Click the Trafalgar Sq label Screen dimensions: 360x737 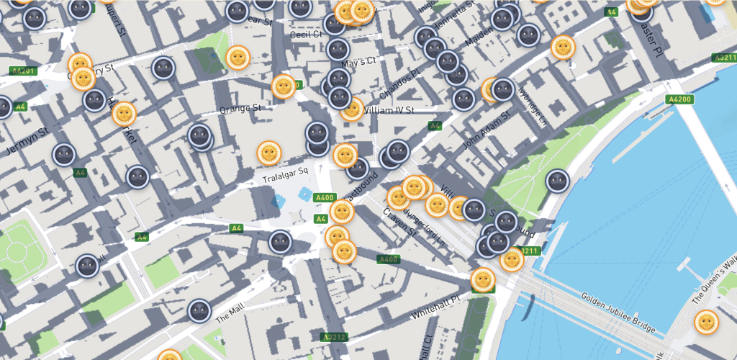coord(285,171)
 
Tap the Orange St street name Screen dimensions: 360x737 coord(240,109)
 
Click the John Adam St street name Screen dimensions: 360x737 coord(487,130)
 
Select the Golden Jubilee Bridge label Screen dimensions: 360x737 coord(618,312)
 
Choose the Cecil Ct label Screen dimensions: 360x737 coord(304,35)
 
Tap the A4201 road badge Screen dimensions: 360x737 coord(23,71)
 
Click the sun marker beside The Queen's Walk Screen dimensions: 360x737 coord(706,322)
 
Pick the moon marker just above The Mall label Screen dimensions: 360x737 coord(199,311)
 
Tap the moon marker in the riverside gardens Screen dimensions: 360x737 coord(557,181)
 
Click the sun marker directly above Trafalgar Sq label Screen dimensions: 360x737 coord(269,153)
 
